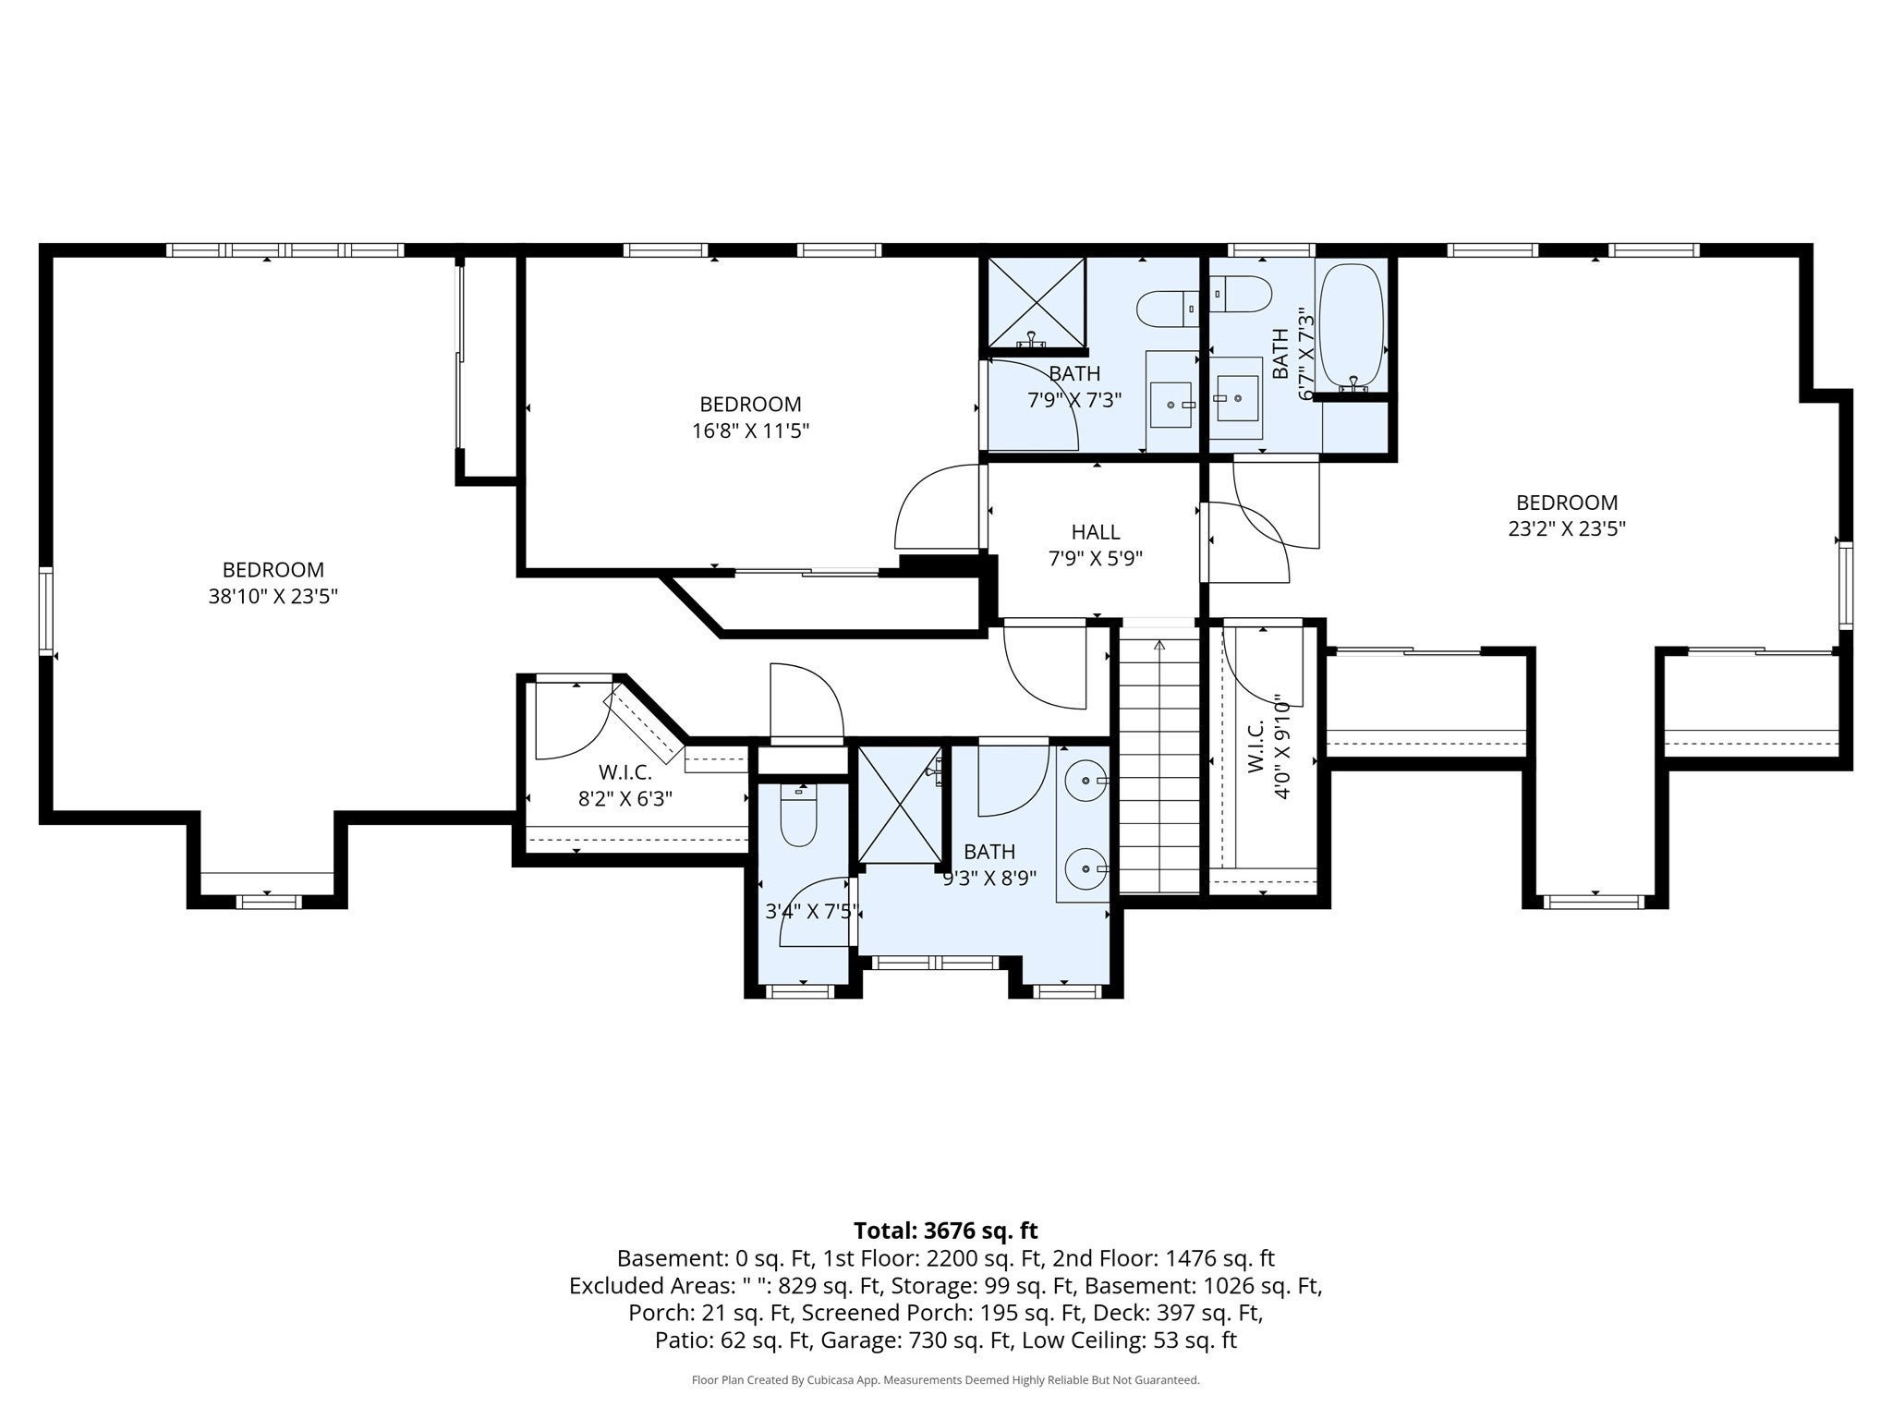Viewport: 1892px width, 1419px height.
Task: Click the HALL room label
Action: pyautogui.click(x=1096, y=532)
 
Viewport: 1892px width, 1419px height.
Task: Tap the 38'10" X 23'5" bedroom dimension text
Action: pyautogui.click(x=273, y=597)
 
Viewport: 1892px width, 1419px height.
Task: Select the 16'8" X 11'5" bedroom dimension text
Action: pyautogui.click(x=750, y=431)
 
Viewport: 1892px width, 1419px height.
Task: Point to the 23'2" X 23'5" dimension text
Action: pyautogui.click(x=1567, y=529)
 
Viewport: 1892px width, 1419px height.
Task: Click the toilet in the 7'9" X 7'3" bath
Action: pyautogui.click(x=1168, y=309)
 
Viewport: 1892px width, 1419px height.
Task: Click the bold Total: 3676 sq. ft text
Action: pyautogui.click(x=946, y=1231)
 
